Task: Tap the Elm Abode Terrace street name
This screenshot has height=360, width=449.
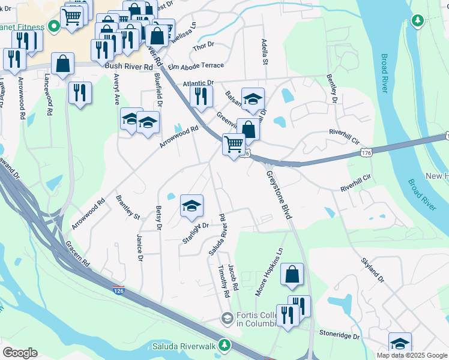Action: click(x=196, y=65)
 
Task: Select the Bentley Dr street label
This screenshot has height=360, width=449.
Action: click(x=331, y=88)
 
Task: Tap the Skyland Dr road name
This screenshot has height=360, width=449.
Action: click(x=373, y=271)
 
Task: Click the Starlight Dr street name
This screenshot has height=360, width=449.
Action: click(x=195, y=233)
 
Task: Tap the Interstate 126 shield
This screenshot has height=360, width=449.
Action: click(x=118, y=290)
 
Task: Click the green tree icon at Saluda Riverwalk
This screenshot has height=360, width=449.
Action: click(x=224, y=345)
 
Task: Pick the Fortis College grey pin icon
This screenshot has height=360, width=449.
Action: click(x=227, y=318)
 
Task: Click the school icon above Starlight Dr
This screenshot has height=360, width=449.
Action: click(x=191, y=206)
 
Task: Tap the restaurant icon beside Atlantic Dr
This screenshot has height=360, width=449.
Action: click(x=201, y=95)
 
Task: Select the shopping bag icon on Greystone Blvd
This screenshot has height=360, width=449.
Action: click(x=292, y=274)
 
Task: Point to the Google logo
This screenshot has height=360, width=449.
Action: click(x=20, y=353)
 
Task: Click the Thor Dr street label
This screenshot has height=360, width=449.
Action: click(x=203, y=47)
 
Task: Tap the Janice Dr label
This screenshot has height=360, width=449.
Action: click(x=140, y=248)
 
